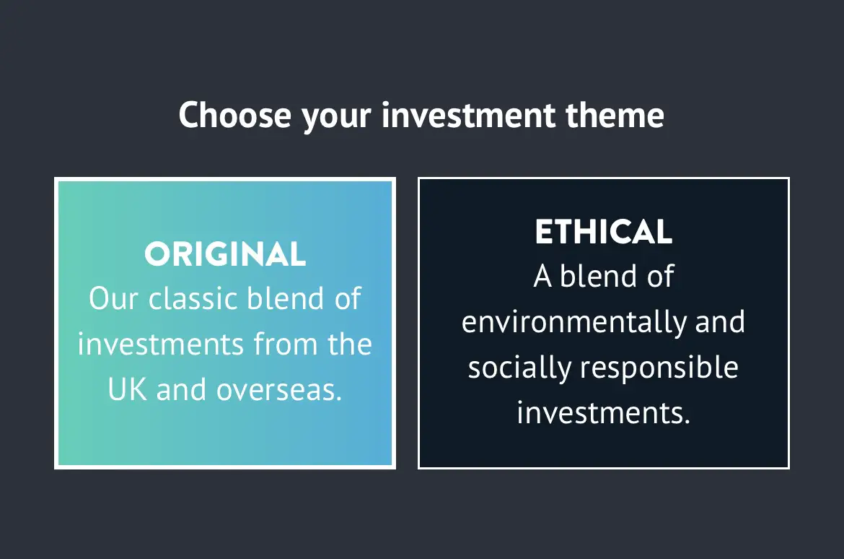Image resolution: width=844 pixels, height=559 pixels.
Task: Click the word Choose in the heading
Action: click(234, 115)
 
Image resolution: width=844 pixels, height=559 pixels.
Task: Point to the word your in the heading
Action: click(336, 118)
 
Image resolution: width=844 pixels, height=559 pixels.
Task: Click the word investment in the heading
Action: click(468, 115)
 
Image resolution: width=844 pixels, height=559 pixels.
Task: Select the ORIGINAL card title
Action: click(225, 254)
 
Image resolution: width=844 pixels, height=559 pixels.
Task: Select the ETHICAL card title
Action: click(603, 232)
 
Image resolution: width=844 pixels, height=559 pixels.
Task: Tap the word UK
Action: click(127, 389)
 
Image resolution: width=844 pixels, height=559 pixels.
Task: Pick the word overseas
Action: click(279, 390)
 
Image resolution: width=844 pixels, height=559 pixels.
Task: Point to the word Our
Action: click(113, 298)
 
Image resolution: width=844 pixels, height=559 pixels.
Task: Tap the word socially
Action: click(519, 368)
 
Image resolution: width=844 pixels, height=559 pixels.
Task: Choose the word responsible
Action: click(659, 368)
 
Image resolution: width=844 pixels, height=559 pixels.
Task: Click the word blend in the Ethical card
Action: click(599, 276)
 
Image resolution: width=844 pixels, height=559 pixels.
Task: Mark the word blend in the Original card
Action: click(285, 298)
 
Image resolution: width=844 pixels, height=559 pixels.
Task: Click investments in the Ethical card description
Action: click(603, 413)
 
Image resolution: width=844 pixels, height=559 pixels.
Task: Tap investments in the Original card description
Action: click(161, 344)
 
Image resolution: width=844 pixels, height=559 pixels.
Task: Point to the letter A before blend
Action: click(542, 277)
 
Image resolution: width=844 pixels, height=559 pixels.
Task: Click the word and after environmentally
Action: click(720, 322)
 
